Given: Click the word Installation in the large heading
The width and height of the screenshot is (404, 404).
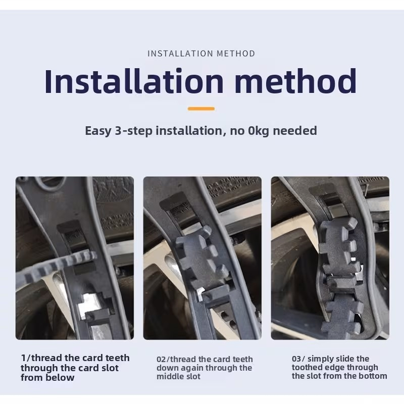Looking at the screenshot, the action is point(134,81).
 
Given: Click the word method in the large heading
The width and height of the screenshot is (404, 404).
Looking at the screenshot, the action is point(296,81).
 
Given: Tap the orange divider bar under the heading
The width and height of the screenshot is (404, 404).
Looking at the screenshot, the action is point(201,109).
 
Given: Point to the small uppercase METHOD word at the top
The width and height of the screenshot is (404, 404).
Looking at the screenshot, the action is point(236,54).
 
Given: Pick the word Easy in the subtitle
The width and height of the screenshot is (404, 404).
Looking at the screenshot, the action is point(98,131).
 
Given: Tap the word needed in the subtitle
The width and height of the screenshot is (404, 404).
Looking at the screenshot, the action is point(295,131).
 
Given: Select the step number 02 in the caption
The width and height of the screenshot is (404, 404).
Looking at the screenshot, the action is point(162,359).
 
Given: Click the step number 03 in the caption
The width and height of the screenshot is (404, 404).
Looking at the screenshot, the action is point(296,359).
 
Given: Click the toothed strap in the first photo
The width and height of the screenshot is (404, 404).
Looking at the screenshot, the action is point(57,266).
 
